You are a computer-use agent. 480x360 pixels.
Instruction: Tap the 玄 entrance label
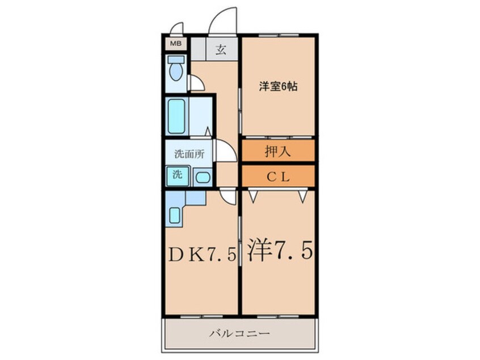click(x=220, y=49)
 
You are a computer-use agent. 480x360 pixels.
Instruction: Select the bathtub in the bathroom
click(x=177, y=116)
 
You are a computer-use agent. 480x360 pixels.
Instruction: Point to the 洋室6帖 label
click(x=277, y=87)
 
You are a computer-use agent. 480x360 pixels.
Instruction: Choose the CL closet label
click(x=277, y=176)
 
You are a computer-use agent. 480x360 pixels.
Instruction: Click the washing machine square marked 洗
click(x=175, y=175)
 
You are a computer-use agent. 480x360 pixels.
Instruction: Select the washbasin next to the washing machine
click(x=201, y=177)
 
